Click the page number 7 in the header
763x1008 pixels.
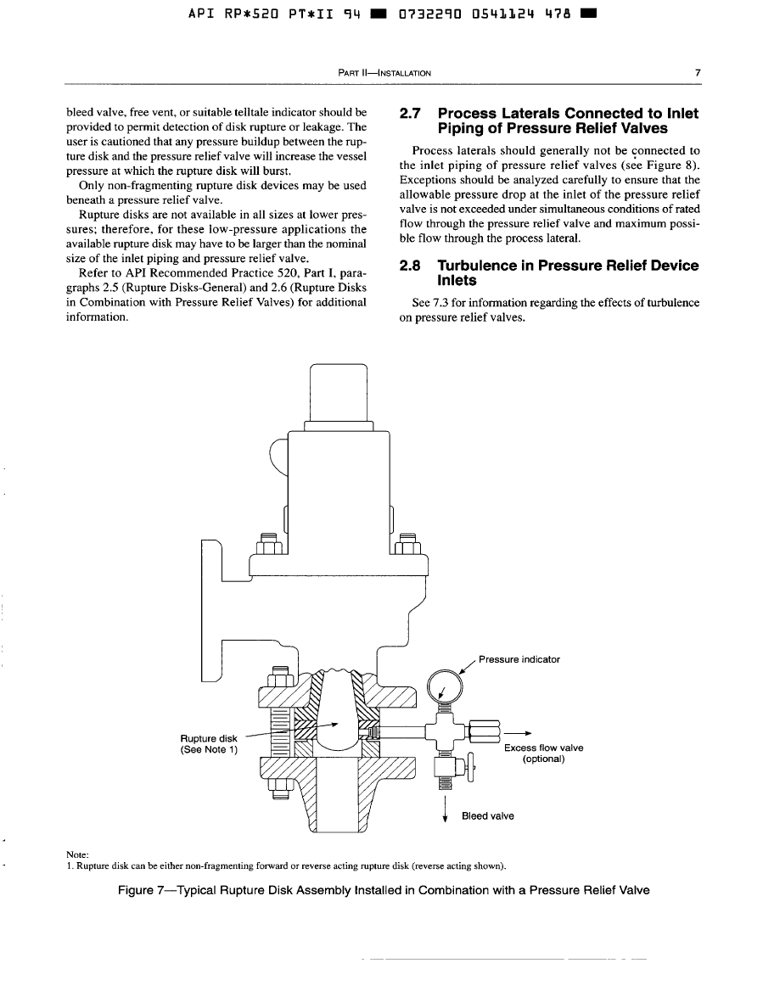(x=697, y=73)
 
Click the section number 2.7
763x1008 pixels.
(x=412, y=114)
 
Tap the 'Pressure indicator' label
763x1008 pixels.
(x=519, y=659)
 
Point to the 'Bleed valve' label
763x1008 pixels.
(x=487, y=816)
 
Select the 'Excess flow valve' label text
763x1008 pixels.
(x=543, y=748)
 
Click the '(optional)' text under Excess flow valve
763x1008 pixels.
(x=544, y=759)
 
